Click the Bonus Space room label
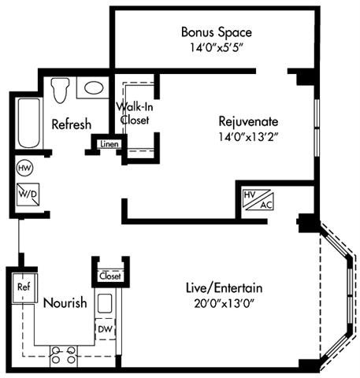click(216, 32)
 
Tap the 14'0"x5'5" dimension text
click(216, 47)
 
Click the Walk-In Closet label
click(134, 113)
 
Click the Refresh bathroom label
click(71, 124)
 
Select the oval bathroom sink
click(95, 88)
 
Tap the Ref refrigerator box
click(24, 287)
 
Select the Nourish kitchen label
click(64, 303)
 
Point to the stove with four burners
click(62, 356)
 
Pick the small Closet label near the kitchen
click(109, 276)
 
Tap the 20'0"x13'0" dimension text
click(226, 303)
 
